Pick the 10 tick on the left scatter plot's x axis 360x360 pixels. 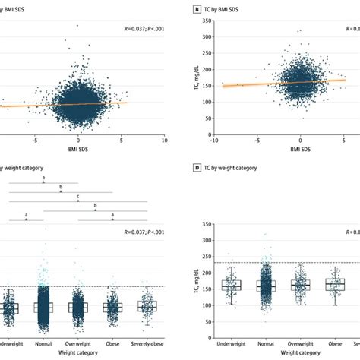tap(165, 141)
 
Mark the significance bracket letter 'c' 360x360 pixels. tap(78, 196)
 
